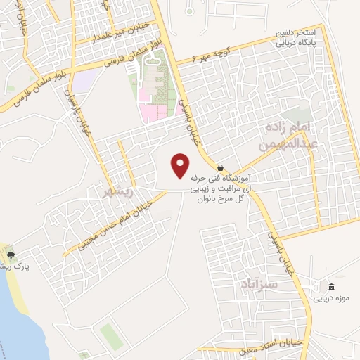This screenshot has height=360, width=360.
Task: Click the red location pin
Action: (x=181, y=165)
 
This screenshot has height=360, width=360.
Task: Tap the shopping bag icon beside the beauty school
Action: (x=221, y=168)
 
